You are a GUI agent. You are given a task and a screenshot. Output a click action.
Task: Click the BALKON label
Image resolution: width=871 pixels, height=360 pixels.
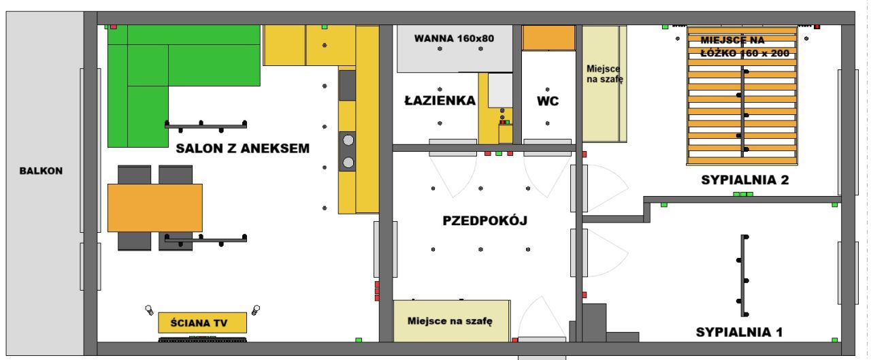[42, 171]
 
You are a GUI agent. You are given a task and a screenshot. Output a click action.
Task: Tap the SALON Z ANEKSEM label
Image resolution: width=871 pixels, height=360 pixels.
[243, 148]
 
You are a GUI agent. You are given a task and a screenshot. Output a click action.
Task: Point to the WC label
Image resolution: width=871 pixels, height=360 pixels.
[548, 101]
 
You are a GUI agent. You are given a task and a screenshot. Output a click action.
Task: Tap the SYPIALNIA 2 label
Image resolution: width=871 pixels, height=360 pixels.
[744, 180]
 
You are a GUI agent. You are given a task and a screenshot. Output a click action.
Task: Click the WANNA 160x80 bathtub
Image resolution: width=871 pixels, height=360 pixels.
[455, 48]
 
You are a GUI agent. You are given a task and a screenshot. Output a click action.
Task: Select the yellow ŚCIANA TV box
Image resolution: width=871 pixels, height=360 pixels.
[202, 323]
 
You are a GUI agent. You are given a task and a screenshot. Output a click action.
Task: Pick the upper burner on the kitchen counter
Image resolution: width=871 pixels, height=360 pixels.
[348, 140]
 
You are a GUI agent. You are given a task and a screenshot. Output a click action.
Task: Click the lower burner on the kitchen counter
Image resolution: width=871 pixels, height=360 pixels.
[348, 163]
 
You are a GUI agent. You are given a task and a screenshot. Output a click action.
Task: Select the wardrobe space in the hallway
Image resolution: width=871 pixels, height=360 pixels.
[451, 321]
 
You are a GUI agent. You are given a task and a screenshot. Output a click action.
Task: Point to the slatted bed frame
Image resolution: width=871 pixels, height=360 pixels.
[742, 95]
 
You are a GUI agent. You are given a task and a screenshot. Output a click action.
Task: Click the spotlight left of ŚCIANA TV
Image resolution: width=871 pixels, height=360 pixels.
[149, 310]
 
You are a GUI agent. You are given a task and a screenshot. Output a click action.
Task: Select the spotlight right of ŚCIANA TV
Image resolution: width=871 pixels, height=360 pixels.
[256, 310]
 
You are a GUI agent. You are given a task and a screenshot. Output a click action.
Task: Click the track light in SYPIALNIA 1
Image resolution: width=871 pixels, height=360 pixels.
[744, 275]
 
